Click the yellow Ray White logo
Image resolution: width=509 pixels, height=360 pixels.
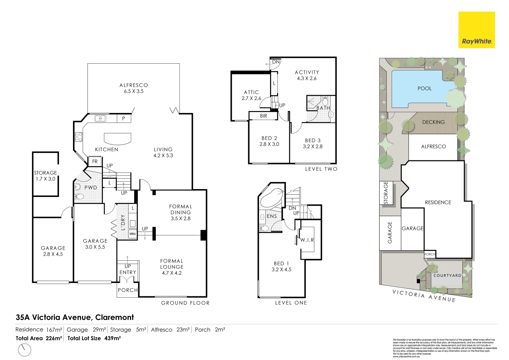(x=476, y=30)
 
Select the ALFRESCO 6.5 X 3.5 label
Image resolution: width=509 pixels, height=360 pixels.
(x=134, y=88)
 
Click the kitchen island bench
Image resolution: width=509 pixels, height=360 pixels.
(x=118, y=138)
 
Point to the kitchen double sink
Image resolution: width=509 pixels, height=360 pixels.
(x=100, y=118)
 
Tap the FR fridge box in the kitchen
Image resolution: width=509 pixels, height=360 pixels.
(x=95, y=161)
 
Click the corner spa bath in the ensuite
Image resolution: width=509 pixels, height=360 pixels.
(x=271, y=198)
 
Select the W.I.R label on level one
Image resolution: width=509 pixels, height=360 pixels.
(x=307, y=240)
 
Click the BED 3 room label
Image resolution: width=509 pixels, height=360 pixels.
(x=312, y=143)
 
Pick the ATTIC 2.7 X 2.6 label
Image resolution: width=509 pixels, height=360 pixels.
(x=251, y=95)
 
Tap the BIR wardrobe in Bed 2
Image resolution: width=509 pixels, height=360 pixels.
(x=263, y=116)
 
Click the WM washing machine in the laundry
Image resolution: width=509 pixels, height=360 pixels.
(x=133, y=234)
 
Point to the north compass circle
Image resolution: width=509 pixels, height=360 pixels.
(x=24, y=350)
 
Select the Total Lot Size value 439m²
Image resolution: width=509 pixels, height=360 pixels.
(x=112, y=338)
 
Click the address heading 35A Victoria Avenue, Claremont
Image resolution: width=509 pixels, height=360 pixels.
(x=75, y=317)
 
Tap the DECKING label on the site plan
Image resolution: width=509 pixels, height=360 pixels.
(x=433, y=122)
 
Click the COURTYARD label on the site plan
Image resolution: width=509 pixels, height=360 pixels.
(x=447, y=276)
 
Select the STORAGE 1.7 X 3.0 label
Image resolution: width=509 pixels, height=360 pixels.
(x=45, y=176)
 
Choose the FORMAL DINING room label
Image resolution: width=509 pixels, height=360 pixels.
(x=181, y=212)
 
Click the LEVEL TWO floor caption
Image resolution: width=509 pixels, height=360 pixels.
(x=321, y=169)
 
